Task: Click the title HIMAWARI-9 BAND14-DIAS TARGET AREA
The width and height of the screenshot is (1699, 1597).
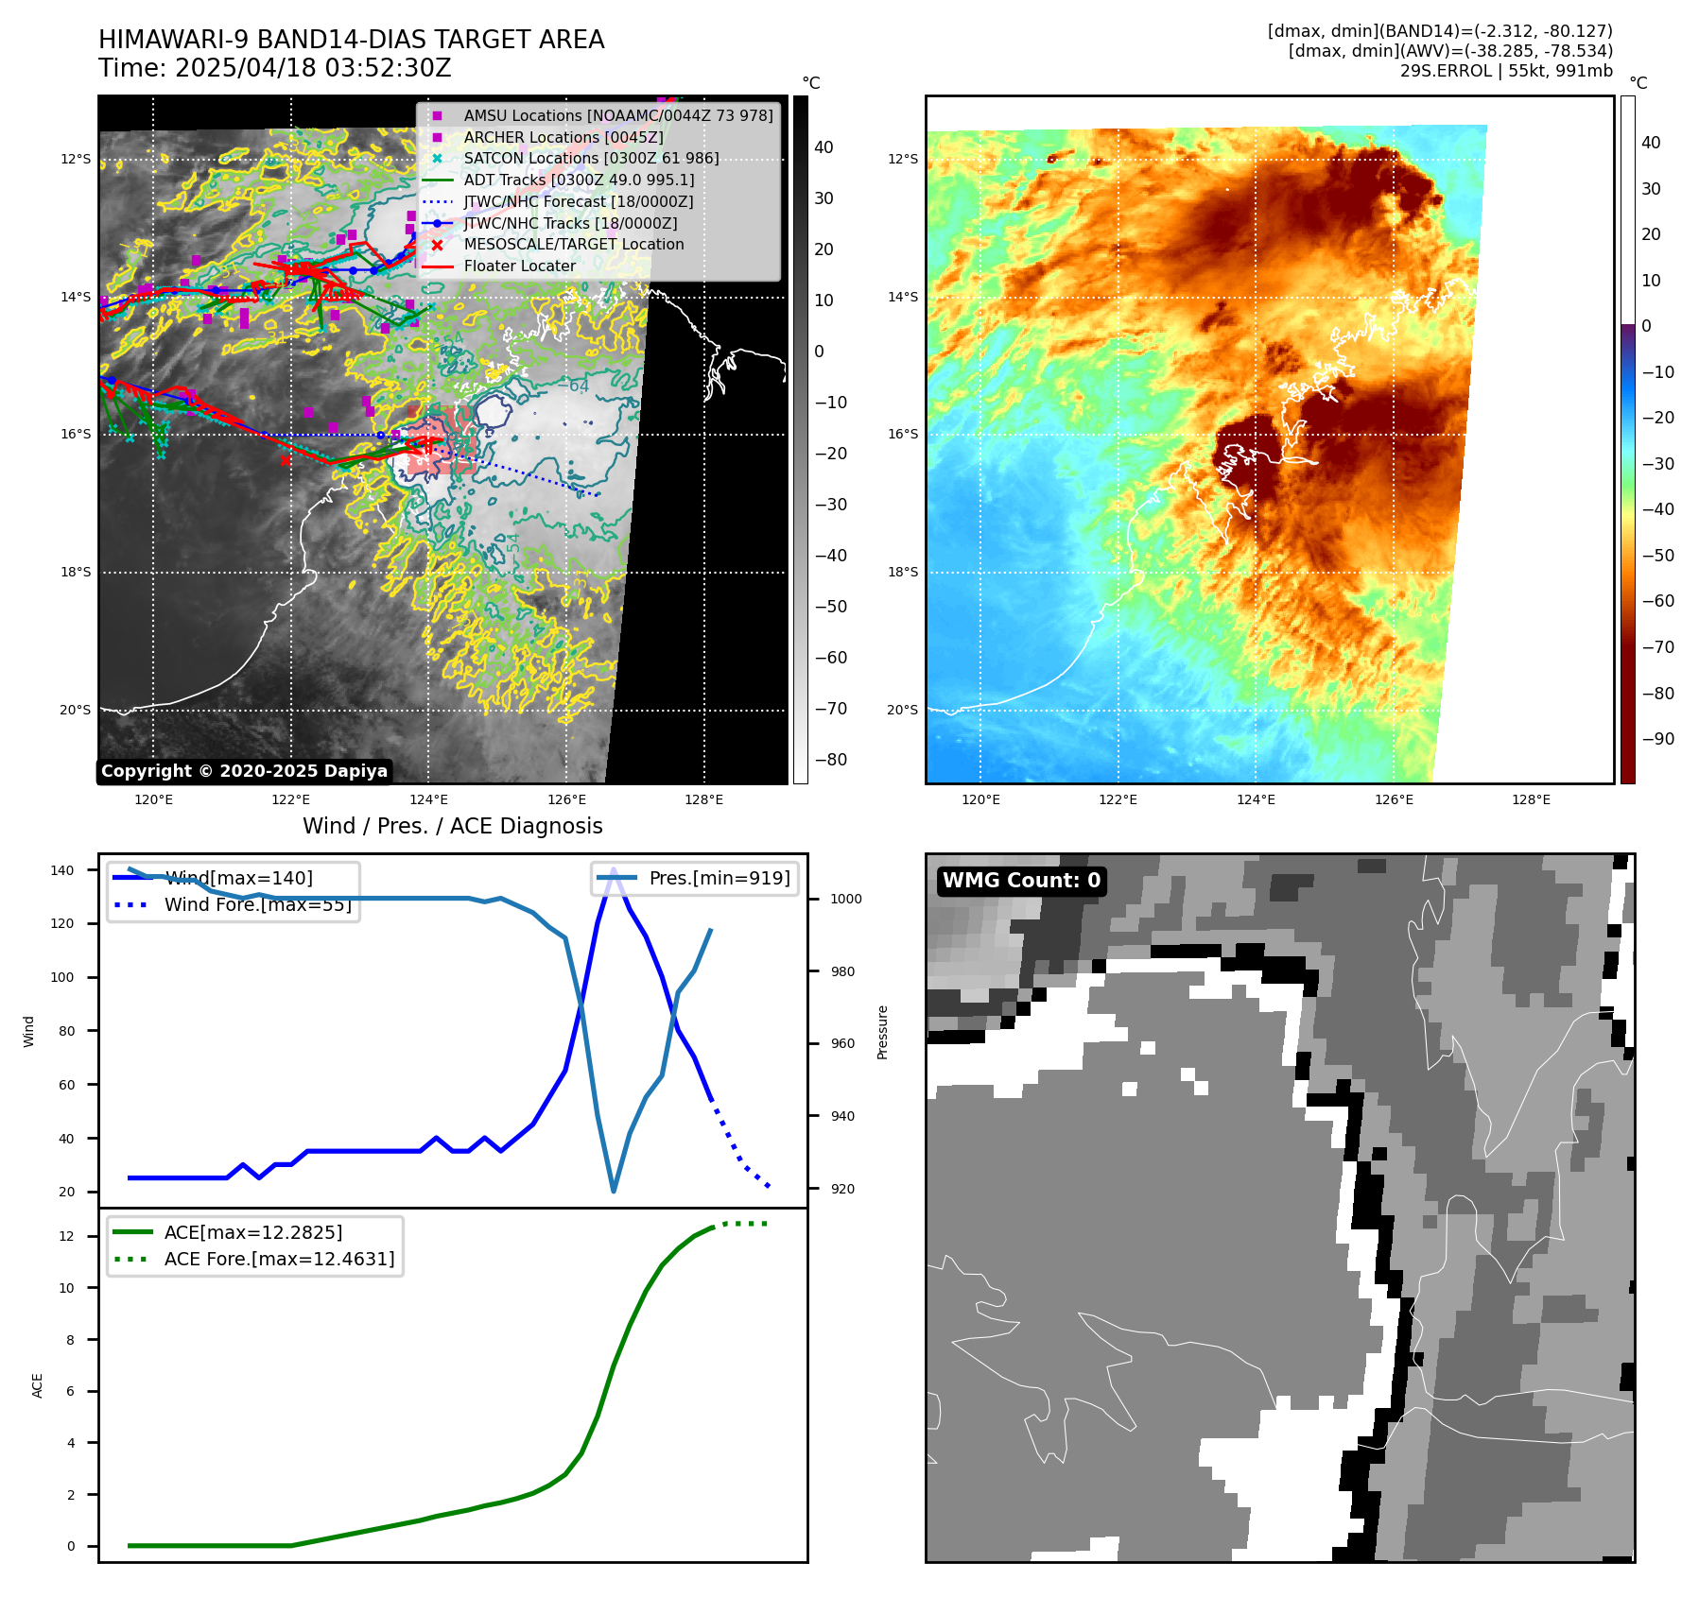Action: click(351, 40)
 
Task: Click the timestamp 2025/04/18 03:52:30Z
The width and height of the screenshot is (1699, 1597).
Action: click(313, 69)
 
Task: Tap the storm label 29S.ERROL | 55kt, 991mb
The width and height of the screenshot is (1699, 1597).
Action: click(1506, 71)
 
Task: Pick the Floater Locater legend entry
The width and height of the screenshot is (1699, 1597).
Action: click(519, 266)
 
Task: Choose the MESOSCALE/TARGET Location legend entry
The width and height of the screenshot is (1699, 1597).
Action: click(573, 245)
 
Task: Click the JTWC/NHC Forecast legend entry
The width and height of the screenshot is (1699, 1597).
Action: click(578, 202)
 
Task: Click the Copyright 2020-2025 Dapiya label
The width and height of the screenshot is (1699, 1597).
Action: click(244, 771)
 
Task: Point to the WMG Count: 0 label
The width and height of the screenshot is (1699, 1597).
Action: click(1021, 881)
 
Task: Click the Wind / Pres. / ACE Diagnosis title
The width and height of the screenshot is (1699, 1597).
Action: click(452, 826)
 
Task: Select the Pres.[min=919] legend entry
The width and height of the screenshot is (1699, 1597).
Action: click(719, 878)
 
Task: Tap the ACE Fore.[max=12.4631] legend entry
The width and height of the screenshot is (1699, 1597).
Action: click(279, 1259)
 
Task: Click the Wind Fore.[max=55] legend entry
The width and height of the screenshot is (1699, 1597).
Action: click(257, 904)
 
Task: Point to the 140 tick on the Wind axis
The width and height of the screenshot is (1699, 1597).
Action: click(62, 870)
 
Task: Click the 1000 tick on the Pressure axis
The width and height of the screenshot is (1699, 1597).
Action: click(845, 899)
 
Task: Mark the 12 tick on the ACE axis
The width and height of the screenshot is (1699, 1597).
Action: click(66, 1236)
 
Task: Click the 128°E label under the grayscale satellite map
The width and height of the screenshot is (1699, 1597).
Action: click(703, 799)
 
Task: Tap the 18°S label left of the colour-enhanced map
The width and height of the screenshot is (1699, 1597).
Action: click(902, 572)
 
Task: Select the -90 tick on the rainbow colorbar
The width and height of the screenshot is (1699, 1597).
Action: click(1657, 739)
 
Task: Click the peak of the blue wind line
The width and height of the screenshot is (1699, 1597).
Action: click(614, 869)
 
